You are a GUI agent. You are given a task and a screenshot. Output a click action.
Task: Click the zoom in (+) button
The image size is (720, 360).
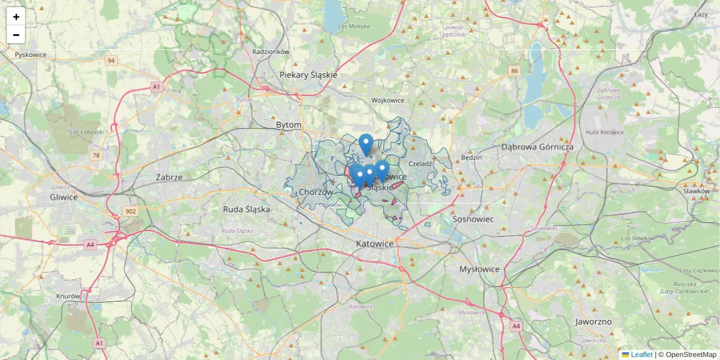click(x=16, y=17)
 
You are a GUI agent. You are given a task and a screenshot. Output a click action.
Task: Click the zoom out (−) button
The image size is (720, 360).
click(x=16, y=35)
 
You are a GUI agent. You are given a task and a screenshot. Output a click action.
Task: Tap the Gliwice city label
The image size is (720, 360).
click(x=64, y=197)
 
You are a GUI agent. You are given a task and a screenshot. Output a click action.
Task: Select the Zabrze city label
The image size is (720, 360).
click(x=169, y=177)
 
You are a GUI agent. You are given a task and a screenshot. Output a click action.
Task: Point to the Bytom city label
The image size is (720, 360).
click(x=289, y=125)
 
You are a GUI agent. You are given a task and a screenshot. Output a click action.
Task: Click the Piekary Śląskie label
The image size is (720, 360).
click(x=308, y=75)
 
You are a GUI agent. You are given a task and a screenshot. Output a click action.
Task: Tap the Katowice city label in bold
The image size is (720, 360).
click(x=374, y=244)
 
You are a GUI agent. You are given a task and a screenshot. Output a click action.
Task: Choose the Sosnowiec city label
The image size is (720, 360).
click(x=473, y=219)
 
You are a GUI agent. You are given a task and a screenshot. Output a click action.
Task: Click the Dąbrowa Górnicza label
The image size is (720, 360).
click(x=538, y=147)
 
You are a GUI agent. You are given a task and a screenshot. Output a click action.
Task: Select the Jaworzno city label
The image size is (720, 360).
click(x=593, y=322)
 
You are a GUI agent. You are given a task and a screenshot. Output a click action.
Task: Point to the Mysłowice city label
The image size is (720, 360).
click(x=479, y=269)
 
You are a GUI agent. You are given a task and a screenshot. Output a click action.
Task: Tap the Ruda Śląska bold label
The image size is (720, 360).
click(x=246, y=209)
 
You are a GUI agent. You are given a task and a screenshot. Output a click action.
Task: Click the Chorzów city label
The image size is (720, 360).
click(x=316, y=192)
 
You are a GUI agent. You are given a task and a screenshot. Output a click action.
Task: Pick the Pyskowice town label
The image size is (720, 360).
click(x=31, y=55)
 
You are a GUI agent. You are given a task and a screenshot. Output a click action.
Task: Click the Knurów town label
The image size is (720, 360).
click(x=68, y=296)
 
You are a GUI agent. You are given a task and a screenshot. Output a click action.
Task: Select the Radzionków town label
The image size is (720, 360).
click(x=271, y=52)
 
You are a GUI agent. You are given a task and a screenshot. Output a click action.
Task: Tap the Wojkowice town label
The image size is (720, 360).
click(x=388, y=100)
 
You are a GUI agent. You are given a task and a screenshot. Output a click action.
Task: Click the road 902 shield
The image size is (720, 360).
click(x=130, y=211)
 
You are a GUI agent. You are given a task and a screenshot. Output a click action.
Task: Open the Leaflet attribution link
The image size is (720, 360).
click(x=641, y=355)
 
